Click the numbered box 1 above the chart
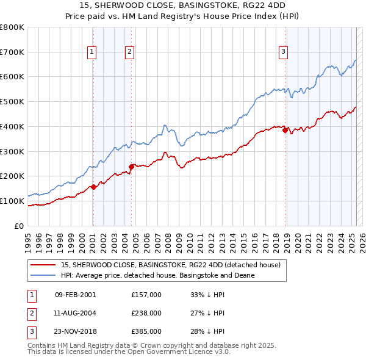pos(91,52)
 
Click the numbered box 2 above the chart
pos(130,52)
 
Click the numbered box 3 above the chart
pos(284,52)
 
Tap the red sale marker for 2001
pos(93,187)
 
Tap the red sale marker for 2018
pos(285,130)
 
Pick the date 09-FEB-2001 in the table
pos(76,294)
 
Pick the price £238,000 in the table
pos(146,313)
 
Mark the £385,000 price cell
pos(146,332)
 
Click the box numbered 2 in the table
pos(31,313)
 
